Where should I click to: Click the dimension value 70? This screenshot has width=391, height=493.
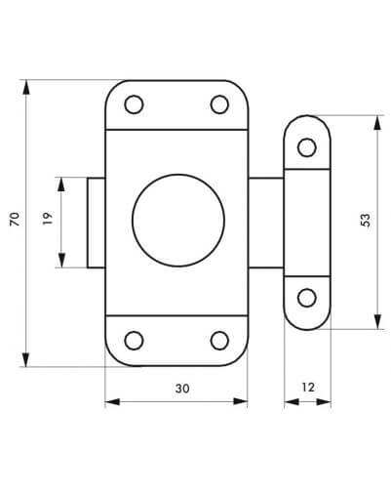pos(15,219)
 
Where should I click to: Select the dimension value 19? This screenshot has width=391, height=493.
pos(48,219)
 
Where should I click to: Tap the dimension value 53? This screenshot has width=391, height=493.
pos(365,220)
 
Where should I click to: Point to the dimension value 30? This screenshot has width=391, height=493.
pos(182,389)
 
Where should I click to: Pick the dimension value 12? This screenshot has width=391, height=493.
pos(308,388)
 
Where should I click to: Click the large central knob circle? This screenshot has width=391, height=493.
pos(178,221)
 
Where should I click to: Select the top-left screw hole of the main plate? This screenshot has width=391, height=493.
pos(134,104)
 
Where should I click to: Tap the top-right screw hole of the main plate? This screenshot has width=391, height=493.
pos(219,104)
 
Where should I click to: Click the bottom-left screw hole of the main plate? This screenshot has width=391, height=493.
pos(134,341)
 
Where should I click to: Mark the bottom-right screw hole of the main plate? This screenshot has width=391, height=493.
pos(219,341)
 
